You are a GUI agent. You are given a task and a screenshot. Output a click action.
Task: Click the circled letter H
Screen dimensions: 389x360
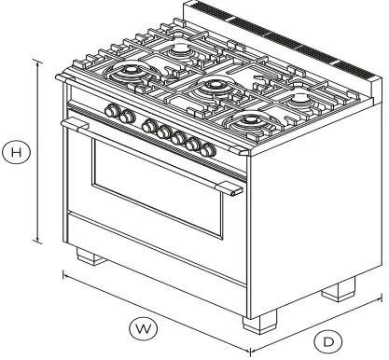16,146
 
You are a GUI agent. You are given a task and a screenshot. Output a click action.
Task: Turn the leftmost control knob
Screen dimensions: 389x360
112,112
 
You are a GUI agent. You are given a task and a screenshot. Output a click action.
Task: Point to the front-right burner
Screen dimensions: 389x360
252,120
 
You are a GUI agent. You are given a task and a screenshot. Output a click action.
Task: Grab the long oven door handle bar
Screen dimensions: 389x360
149,154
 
